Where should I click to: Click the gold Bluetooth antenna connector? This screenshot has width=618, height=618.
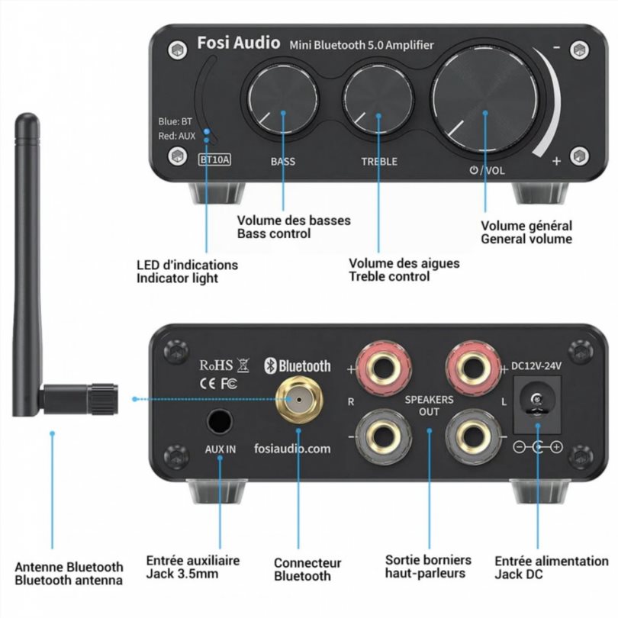tap(299, 399)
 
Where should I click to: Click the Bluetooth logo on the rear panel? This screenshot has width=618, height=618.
tap(298, 365)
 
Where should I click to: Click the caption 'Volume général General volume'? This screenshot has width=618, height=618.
tap(526, 233)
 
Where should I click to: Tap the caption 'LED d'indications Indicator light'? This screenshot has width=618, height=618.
tap(187, 272)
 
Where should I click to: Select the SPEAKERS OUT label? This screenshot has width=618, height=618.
tap(429, 406)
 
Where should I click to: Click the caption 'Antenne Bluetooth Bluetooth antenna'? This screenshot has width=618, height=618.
tap(69, 574)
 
